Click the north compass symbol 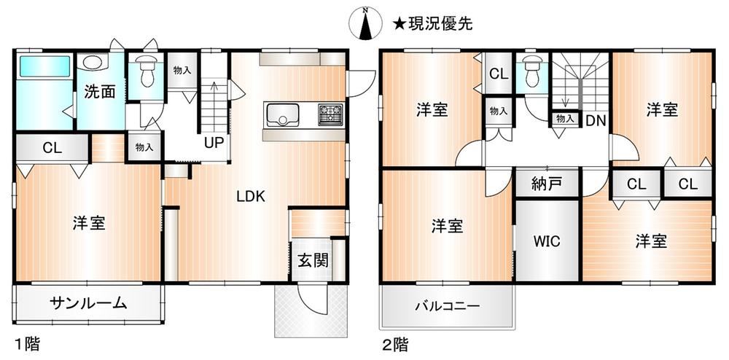click(x=366, y=23)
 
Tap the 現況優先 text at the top click(x=440, y=24)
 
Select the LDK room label click(x=251, y=197)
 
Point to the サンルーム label click(x=88, y=303)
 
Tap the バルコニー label click(x=448, y=307)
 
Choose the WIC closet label click(x=547, y=241)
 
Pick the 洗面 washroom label click(x=99, y=92)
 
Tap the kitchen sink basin click(x=281, y=114)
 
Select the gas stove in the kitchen click(x=330, y=114)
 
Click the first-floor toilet click(x=147, y=71)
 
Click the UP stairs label click(x=214, y=142)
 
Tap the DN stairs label click(x=596, y=121)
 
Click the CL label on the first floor click(x=52, y=148)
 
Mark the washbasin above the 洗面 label click(x=93, y=61)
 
